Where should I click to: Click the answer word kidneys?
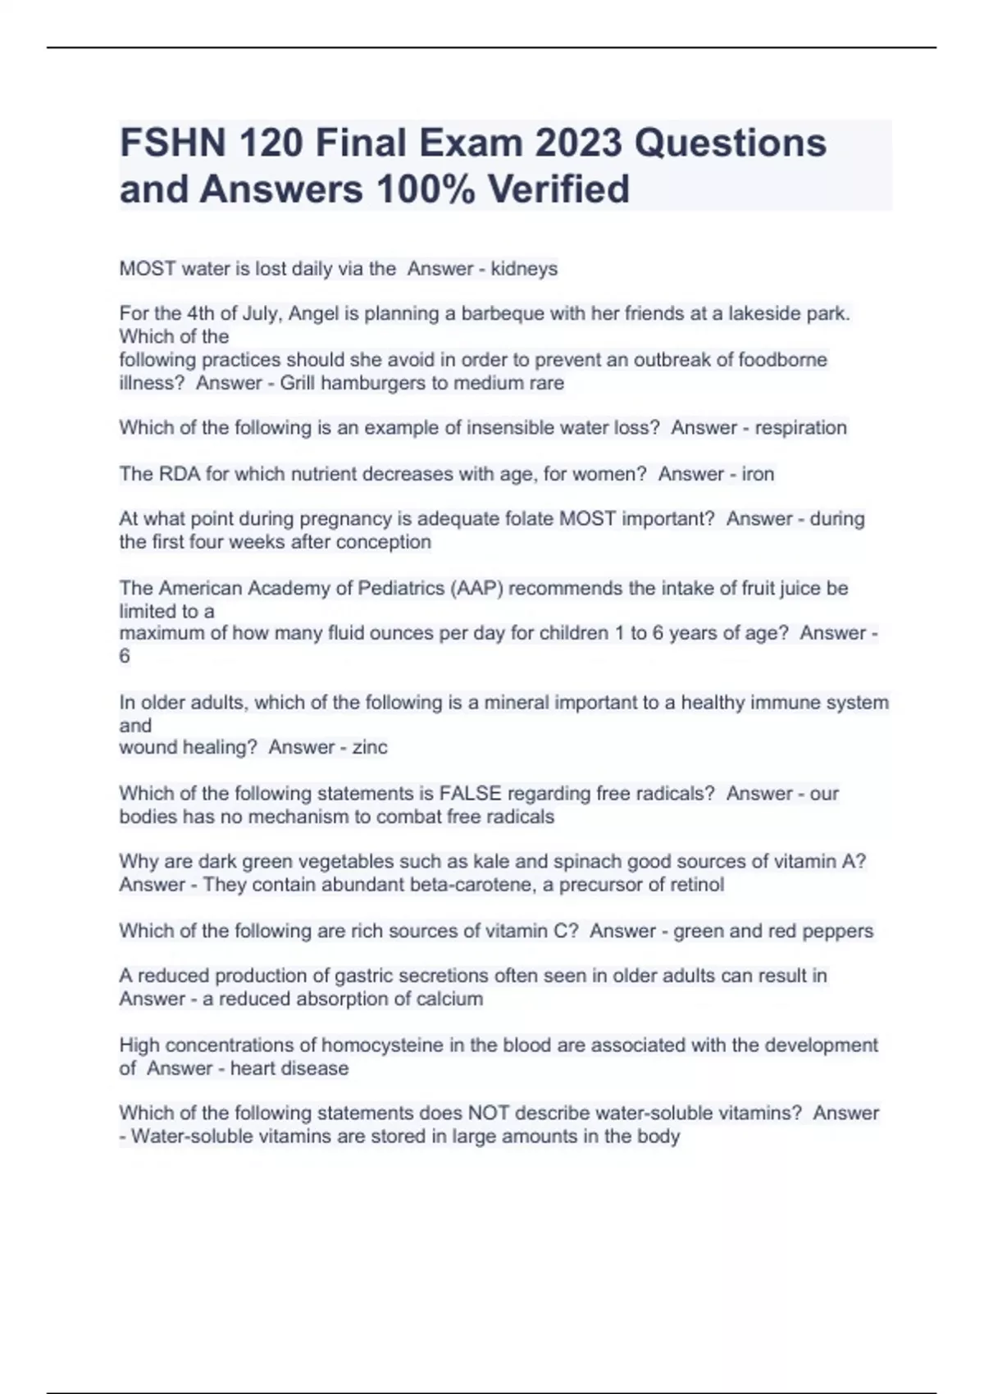(524, 269)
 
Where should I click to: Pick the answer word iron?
(758, 474)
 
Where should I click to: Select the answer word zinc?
(370, 747)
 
